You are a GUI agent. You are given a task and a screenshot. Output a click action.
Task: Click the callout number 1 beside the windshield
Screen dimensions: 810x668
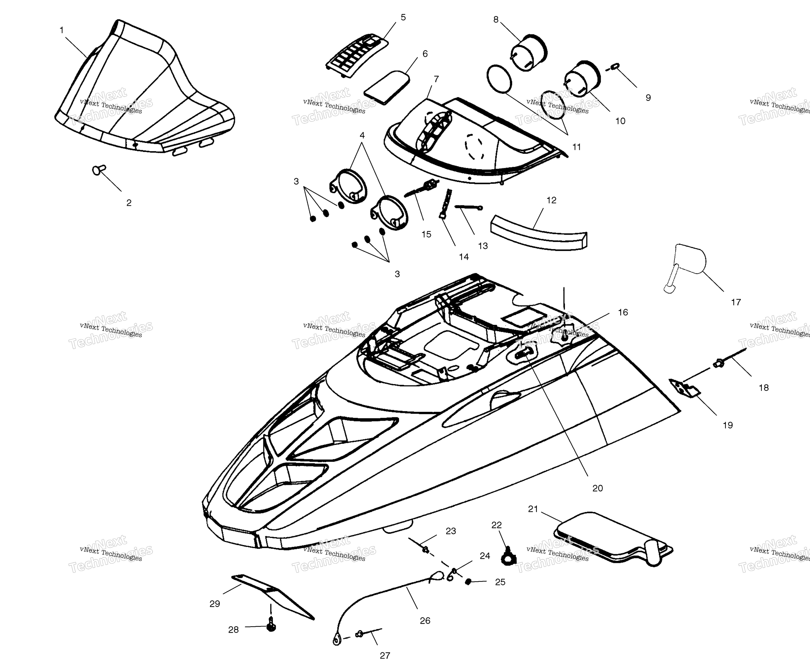click(61, 30)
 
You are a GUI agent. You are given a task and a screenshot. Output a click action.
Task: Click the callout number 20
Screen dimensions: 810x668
click(597, 488)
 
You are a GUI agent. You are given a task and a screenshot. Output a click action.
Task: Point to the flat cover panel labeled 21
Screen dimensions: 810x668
click(613, 539)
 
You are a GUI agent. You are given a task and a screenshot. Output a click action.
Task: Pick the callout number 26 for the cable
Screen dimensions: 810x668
click(425, 620)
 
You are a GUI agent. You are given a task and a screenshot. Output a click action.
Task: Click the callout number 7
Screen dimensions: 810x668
click(436, 79)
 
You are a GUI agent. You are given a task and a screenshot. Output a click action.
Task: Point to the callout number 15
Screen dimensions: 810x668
click(426, 234)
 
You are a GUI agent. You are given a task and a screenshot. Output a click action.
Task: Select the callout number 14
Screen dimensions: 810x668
click(464, 257)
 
